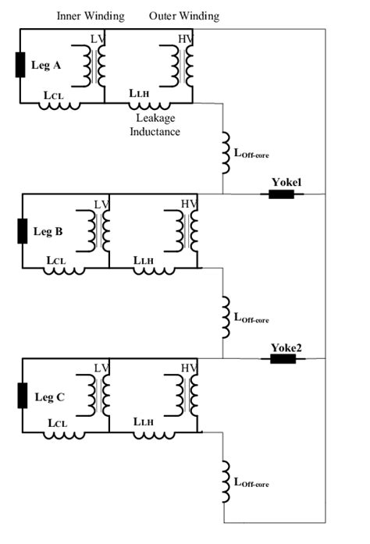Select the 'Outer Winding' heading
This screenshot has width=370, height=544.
click(184, 16)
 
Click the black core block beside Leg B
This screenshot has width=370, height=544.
click(22, 231)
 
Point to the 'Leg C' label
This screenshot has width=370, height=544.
click(48, 396)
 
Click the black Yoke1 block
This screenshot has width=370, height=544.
click(281, 194)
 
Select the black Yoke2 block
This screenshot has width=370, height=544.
click(281, 359)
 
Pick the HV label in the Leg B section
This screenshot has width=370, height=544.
click(188, 204)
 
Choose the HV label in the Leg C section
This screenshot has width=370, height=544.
click(188, 368)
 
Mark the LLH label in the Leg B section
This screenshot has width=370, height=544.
click(144, 260)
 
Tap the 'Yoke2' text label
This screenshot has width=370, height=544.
click(286, 347)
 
